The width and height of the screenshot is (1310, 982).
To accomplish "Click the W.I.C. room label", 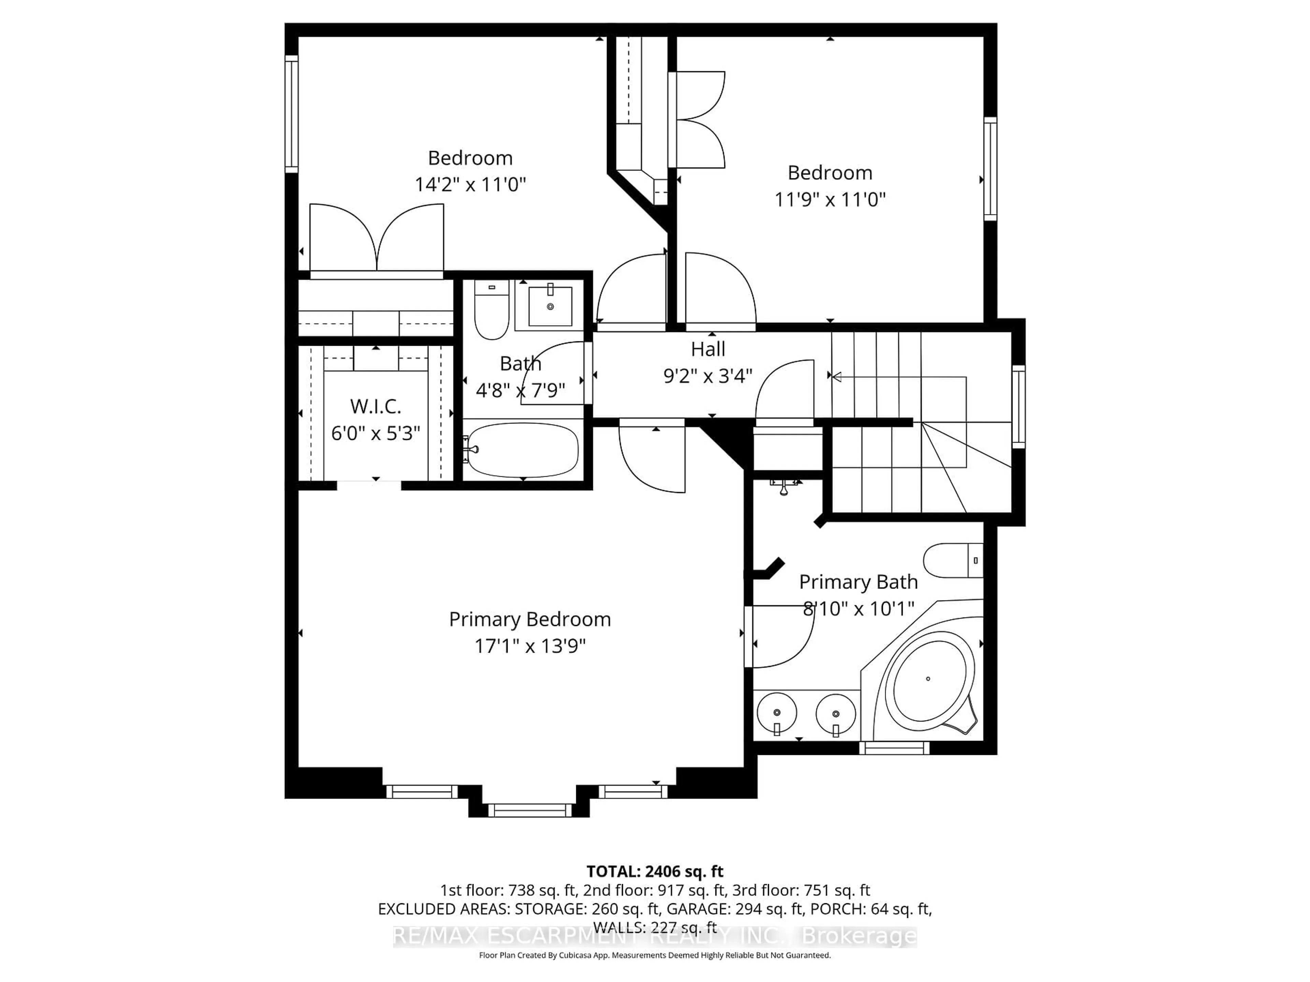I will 376,407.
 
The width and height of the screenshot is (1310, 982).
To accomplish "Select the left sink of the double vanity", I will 776,713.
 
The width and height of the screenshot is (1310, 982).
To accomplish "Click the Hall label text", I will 708,349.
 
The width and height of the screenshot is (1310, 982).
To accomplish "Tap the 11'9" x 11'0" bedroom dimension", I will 830,199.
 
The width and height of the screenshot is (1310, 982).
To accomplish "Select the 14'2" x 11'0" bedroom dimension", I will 470,185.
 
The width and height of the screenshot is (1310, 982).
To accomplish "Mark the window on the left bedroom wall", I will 291,114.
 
